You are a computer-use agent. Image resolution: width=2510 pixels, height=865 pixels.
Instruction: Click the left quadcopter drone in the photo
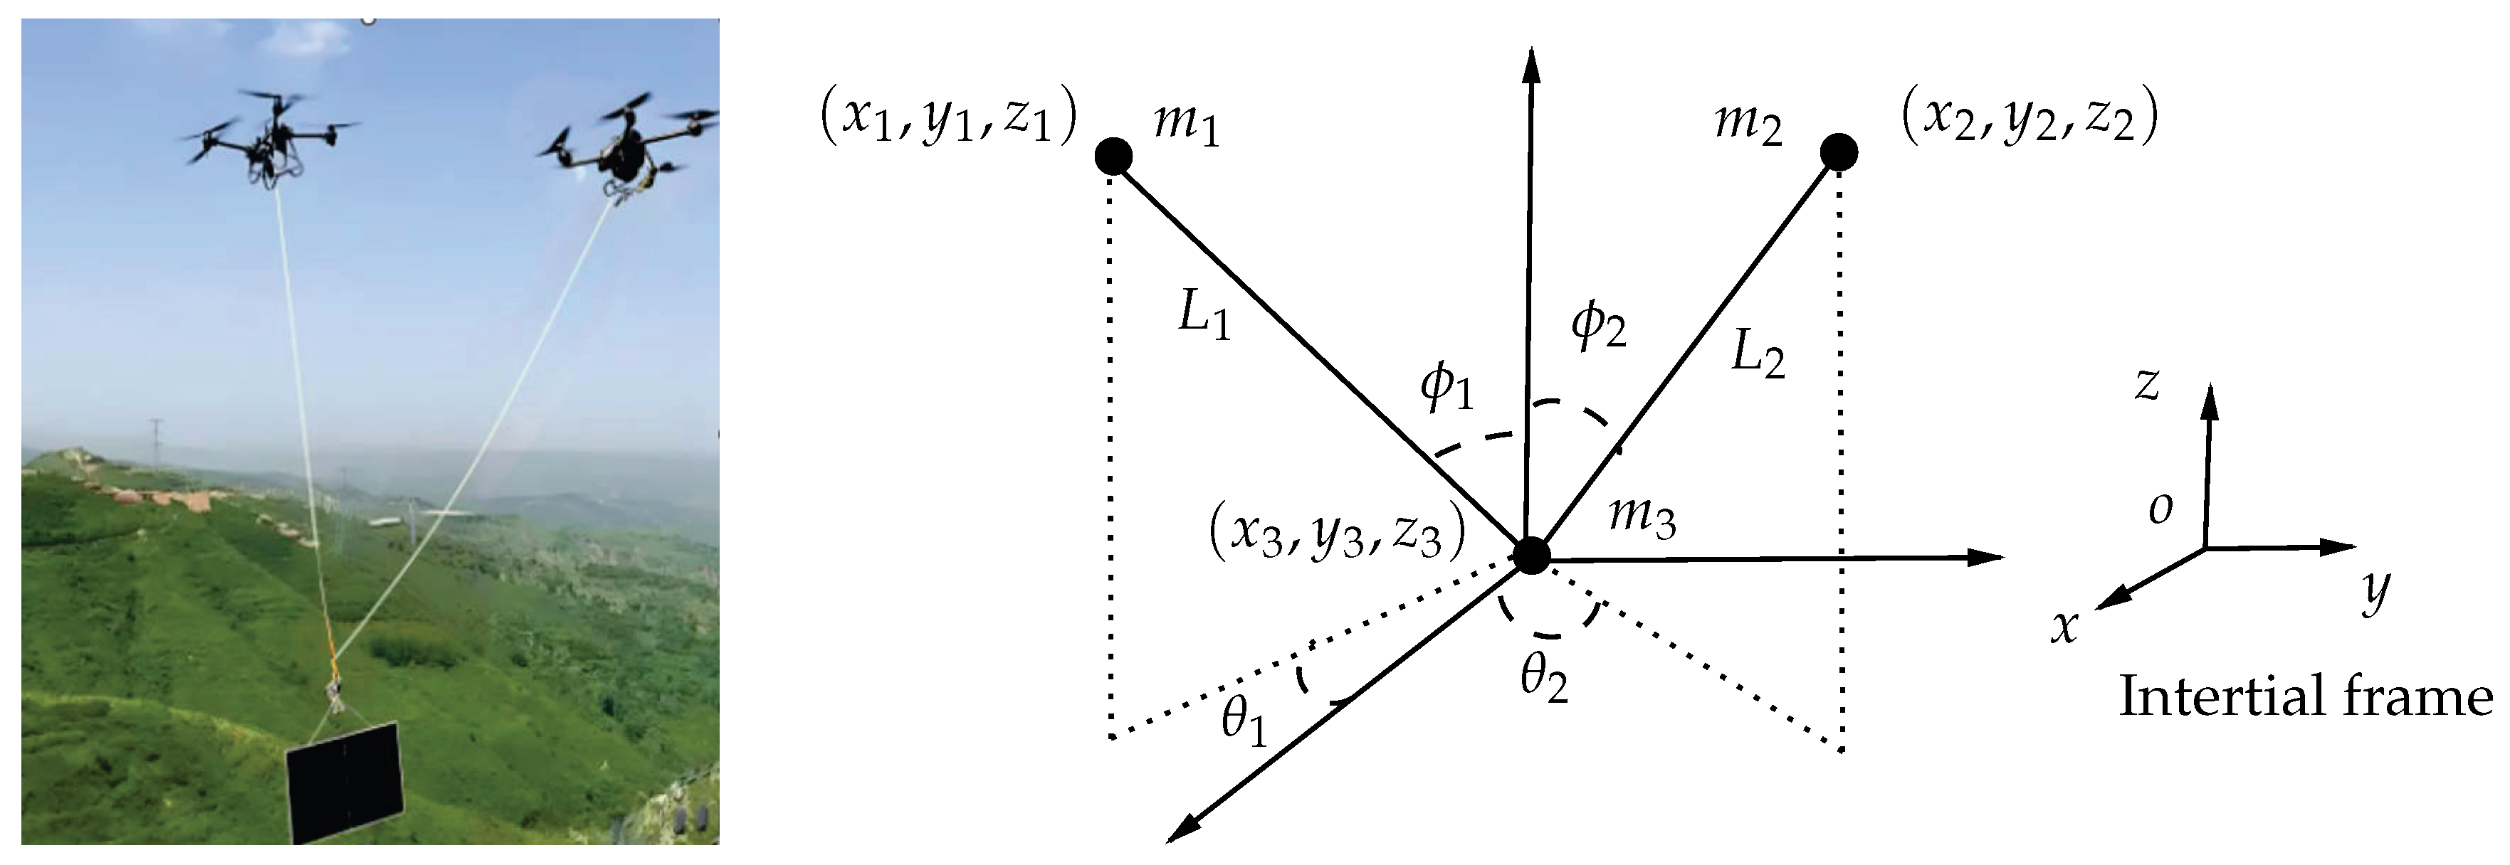coord(268,142)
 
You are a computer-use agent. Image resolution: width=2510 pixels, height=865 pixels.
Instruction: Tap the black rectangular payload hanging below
coord(344,783)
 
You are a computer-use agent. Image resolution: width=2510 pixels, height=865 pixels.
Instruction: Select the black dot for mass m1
coord(1113,156)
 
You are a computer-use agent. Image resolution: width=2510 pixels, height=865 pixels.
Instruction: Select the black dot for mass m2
coord(1839,152)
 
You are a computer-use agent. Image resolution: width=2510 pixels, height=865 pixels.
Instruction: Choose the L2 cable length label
coord(1758,356)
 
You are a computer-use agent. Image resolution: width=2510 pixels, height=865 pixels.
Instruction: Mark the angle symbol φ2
coord(1599,327)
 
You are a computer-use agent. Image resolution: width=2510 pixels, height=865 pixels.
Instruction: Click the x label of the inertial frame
coord(2063,627)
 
